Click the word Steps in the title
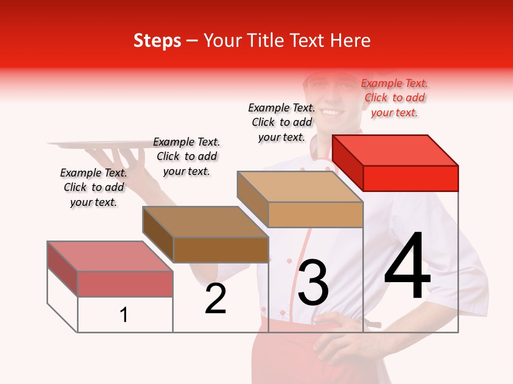click(157, 41)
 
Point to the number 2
click(216, 299)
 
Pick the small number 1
click(124, 315)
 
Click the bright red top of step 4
click(395, 150)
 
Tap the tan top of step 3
click(300, 187)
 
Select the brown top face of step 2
click(205, 222)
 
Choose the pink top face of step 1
click(110, 257)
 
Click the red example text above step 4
click(394, 98)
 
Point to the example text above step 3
click(282, 122)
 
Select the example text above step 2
click(186, 156)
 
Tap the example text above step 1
click(94, 188)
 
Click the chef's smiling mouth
click(332, 112)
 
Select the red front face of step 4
click(410, 178)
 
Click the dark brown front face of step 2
click(221, 250)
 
